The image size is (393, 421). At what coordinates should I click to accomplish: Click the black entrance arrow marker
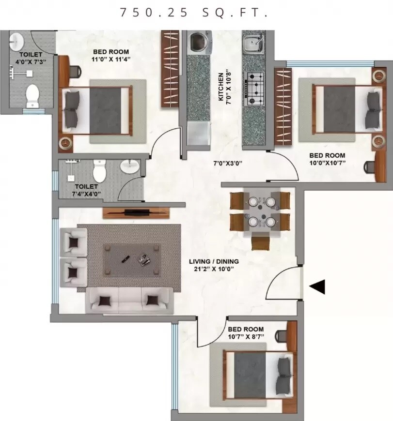point(317,287)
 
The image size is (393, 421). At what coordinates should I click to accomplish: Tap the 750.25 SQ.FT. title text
point(194,13)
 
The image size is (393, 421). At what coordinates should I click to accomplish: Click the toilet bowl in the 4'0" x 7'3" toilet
point(32,96)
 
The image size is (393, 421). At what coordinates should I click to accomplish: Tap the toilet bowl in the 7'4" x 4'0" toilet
point(99,171)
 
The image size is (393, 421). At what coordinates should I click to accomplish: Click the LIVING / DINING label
point(214,262)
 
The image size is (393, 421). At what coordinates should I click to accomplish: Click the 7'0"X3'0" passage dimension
point(228,163)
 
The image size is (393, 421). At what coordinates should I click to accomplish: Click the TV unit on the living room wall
point(137,212)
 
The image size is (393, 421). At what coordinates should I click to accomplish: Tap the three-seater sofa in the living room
point(129,300)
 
